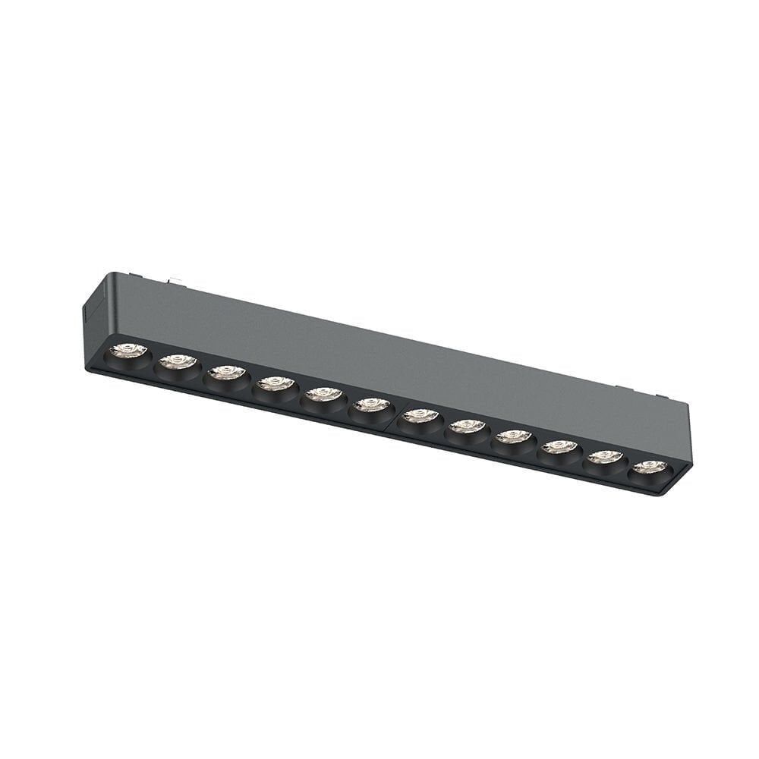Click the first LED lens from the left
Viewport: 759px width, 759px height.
tap(128, 351)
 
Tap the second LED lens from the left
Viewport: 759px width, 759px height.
tap(178, 362)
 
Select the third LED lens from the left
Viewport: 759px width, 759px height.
tap(227, 373)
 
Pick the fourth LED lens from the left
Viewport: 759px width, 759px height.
tap(276, 383)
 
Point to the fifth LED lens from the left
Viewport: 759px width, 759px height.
tap(324, 394)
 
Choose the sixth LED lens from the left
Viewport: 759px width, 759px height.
tap(372, 405)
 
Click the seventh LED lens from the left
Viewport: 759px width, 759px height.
tap(420, 416)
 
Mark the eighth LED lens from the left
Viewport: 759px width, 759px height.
tap(468, 427)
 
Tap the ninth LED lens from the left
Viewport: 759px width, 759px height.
tap(514, 436)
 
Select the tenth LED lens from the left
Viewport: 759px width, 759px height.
tap(560, 447)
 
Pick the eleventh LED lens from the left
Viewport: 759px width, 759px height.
tap(606, 457)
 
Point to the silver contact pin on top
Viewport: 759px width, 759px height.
tap(176, 282)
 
